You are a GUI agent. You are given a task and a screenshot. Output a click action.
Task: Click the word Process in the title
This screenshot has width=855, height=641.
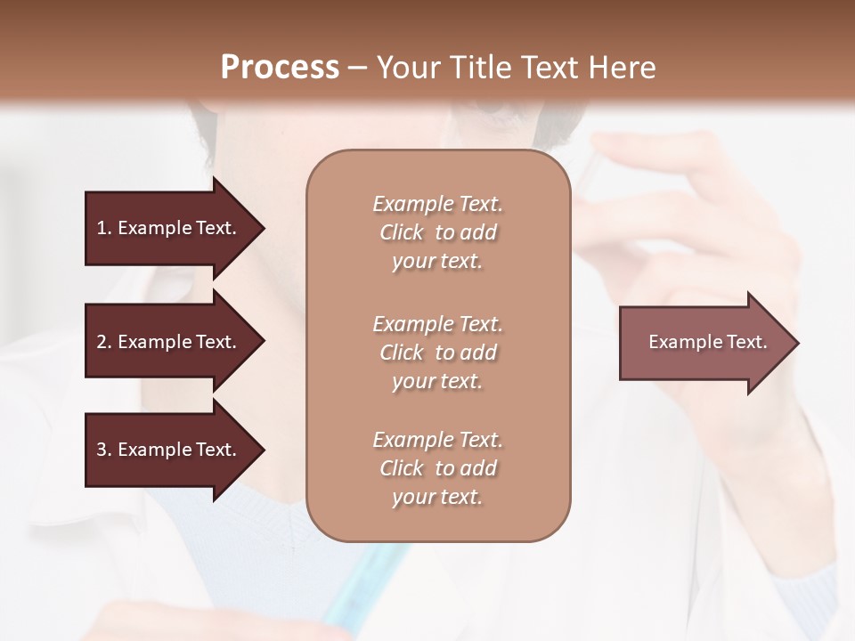[x=280, y=68]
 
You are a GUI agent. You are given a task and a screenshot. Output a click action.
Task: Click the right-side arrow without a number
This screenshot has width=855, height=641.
[x=707, y=343]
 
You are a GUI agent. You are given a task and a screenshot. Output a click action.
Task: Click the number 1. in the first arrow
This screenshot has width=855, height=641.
[x=104, y=228]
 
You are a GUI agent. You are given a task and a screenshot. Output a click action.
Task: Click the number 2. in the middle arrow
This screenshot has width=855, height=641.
[x=104, y=342]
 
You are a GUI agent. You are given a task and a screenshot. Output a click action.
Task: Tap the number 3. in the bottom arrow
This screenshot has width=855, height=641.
[x=104, y=450]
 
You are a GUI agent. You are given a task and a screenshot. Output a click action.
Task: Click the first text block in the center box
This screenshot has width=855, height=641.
[x=437, y=232]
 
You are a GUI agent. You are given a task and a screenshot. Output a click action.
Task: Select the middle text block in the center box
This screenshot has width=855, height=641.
[x=437, y=353]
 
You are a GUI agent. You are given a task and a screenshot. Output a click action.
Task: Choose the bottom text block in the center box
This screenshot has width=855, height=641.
[x=437, y=468]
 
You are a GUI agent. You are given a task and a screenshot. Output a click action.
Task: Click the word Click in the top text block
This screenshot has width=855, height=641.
[x=402, y=232]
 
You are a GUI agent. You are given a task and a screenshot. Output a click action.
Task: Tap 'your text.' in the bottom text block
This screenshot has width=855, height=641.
[x=437, y=497]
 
